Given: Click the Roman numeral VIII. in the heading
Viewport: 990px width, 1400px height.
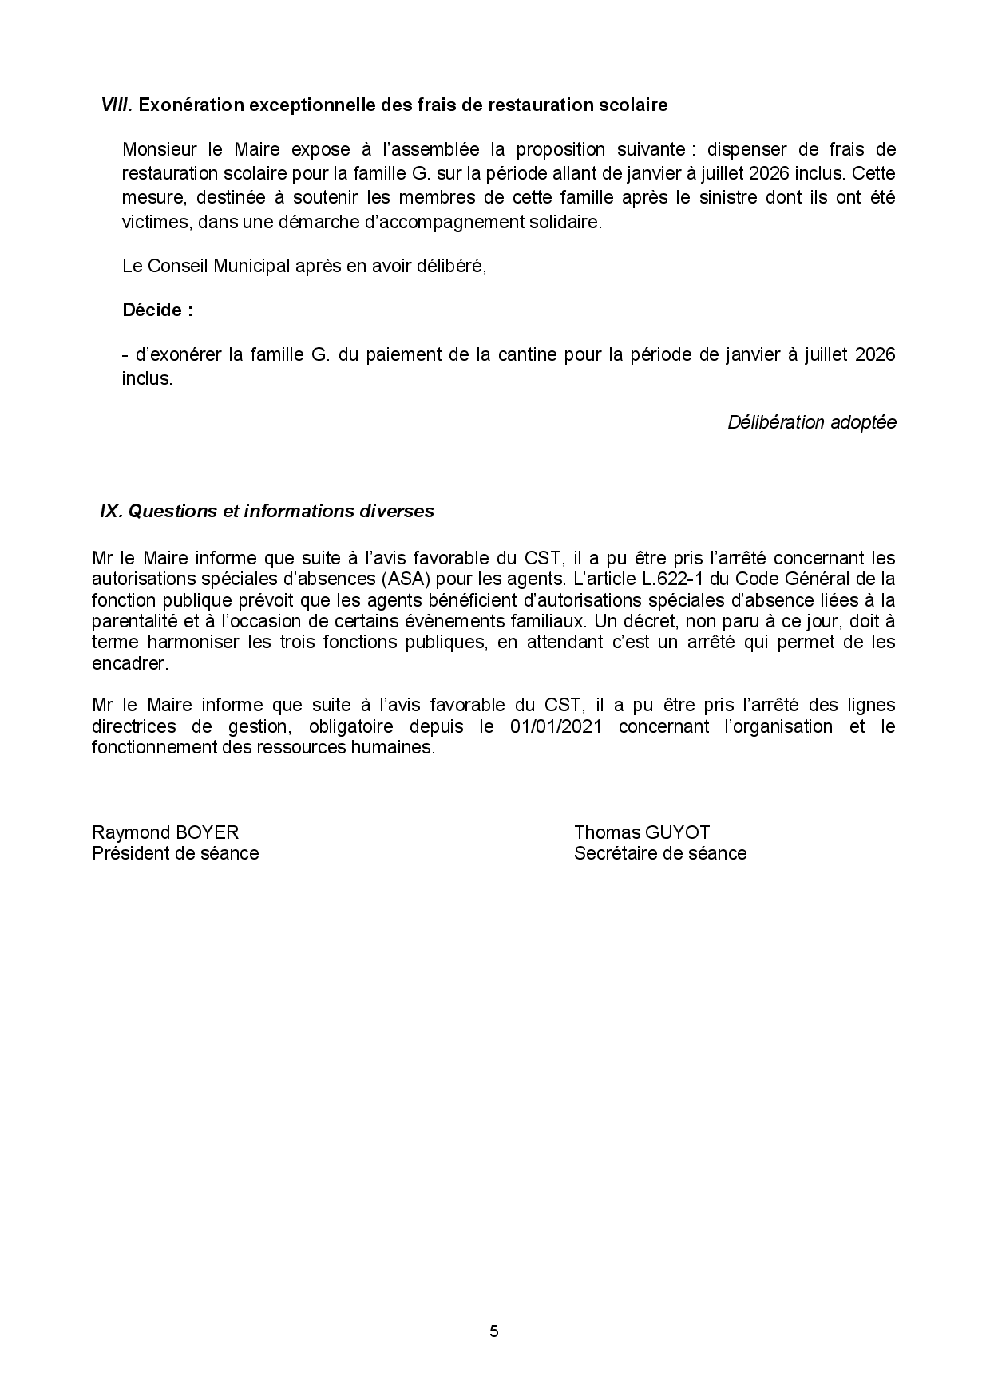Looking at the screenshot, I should [117, 105].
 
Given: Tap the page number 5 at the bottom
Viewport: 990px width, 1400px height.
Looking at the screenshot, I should [494, 1331].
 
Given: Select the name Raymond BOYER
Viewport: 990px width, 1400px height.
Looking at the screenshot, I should [165, 832].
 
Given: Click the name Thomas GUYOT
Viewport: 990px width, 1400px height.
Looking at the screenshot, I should [642, 832].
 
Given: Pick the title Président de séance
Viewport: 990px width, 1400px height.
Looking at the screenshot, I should [176, 853].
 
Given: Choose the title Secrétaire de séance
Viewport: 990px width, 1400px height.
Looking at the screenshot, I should [660, 853].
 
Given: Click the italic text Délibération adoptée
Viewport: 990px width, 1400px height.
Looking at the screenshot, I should [811, 422].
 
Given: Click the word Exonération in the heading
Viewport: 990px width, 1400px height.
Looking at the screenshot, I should [191, 105].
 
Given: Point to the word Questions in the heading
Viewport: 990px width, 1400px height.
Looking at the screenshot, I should [172, 511].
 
